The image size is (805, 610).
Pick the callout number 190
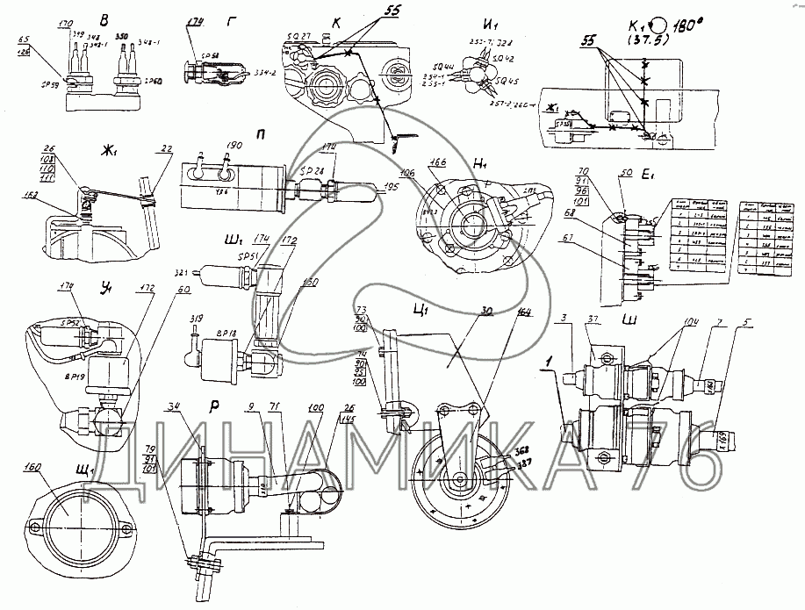point(234,144)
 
